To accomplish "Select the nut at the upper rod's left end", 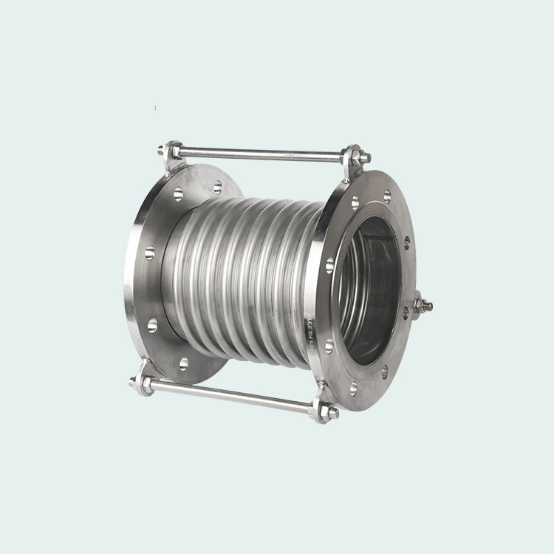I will coord(163,150).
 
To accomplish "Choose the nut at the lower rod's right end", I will coord(330,412).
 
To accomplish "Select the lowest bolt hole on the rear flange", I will coord(184,363).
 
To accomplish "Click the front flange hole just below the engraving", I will coord(329,346).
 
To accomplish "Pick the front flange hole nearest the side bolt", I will coord(406,312).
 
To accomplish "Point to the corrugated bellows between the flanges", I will coord(244,273).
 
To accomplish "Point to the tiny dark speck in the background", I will coord(155,109).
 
